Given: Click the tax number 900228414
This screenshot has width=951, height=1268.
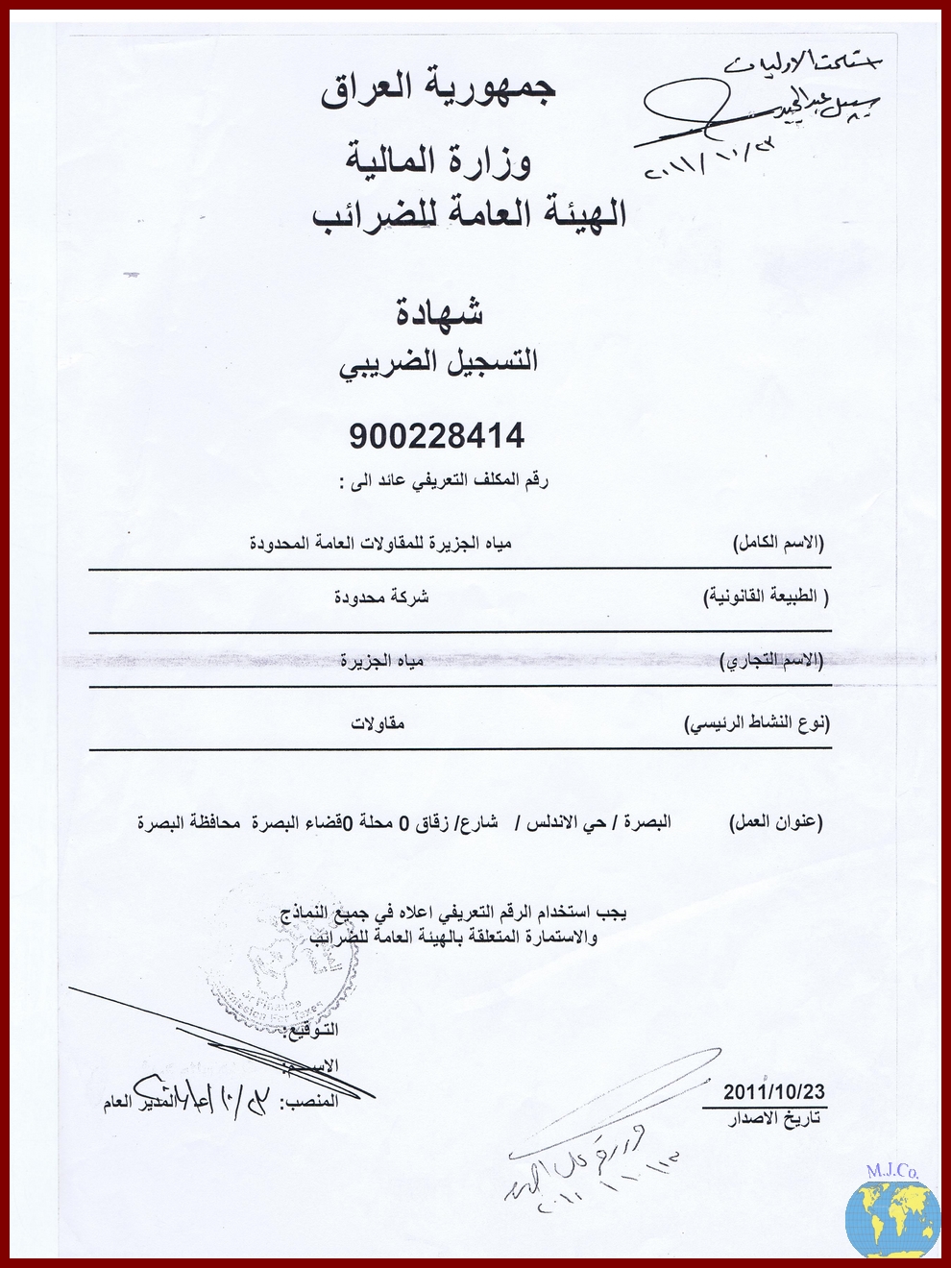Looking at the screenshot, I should click(x=437, y=437).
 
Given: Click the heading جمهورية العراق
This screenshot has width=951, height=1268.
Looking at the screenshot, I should click(x=438, y=88).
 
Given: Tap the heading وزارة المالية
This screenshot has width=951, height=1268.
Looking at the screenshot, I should click(x=439, y=159).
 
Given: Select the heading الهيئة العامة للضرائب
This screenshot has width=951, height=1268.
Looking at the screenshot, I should click(x=470, y=213).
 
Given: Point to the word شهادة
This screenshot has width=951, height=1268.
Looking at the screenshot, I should click(x=440, y=311).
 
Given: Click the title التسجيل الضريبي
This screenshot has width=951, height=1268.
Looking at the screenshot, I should click(x=438, y=363).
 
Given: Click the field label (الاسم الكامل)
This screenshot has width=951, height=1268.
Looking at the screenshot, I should click(x=778, y=544).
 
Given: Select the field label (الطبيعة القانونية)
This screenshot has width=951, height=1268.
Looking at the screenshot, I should click(x=766, y=597).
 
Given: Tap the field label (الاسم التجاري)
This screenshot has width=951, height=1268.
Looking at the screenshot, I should click(x=771, y=661).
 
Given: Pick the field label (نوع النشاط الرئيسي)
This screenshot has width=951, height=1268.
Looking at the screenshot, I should click(x=757, y=722).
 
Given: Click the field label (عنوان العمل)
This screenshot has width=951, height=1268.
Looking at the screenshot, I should click(x=776, y=822).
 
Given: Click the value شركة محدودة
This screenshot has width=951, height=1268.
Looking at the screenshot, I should click(x=381, y=597).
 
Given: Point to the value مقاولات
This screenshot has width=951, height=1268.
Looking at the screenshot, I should click(x=378, y=722).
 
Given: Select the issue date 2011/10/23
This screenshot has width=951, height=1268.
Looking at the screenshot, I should click(x=774, y=1092).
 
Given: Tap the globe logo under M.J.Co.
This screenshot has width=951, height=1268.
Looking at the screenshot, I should click(x=892, y=1217).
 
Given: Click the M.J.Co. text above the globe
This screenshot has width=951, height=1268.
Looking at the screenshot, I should click(x=892, y=1171).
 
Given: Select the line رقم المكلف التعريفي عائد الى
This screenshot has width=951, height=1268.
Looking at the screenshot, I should click(x=443, y=480).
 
